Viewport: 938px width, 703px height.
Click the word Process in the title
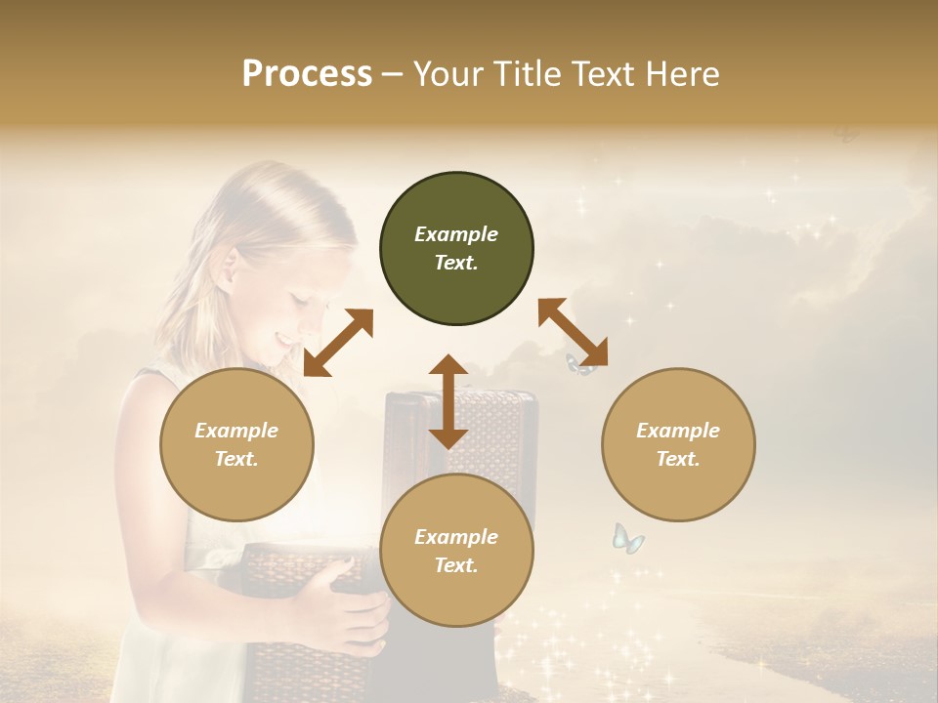click(307, 74)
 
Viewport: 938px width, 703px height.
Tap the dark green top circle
click(456, 249)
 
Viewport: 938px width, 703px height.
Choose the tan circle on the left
click(236, 444)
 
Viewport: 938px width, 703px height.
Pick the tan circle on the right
click(678, 444)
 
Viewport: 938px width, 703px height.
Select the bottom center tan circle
click(456, 551)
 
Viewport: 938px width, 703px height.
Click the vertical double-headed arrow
click(448, 401)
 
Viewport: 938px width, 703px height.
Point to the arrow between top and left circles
click(338, 343)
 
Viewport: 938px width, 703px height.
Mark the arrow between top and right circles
click(573, 332)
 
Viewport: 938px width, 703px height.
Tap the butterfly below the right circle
click(627, 538)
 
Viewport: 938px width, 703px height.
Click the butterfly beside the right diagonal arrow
click(578, 365)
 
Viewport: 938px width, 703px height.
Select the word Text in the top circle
click(456, 264)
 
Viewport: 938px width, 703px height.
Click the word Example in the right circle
click(678, 431)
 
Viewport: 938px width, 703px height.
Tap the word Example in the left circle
click(236, 431)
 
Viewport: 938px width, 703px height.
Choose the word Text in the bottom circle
click(456, 565)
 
